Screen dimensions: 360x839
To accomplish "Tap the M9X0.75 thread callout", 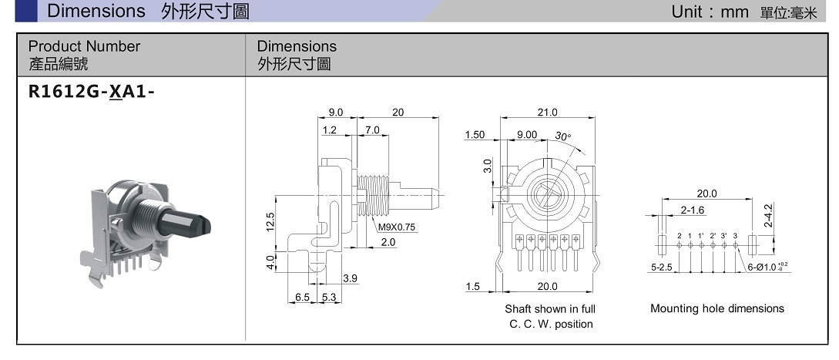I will tap(397, 227).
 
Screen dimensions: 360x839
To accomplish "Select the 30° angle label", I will tap(563, 136).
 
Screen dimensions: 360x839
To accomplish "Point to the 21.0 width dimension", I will tap(547, 113).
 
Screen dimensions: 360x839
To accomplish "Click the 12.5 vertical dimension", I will tap(269, 222).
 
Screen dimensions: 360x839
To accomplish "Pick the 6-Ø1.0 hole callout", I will tap(767, 267).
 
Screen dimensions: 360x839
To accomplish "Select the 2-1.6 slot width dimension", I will tap(692, 210).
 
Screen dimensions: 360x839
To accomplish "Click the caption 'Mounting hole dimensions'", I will tap(717, 308).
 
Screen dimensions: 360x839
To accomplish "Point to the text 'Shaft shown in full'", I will tap(550, 309).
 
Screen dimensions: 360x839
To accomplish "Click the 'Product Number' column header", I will tap(84, 46).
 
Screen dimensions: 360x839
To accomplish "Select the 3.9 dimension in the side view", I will tap(350, 278).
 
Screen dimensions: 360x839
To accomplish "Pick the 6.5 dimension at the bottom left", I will tap(303, 297).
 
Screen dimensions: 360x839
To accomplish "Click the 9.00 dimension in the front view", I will tap(527, 135).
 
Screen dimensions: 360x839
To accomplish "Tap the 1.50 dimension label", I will tap(475, 135).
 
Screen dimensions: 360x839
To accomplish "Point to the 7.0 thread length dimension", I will tap(372, 130).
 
